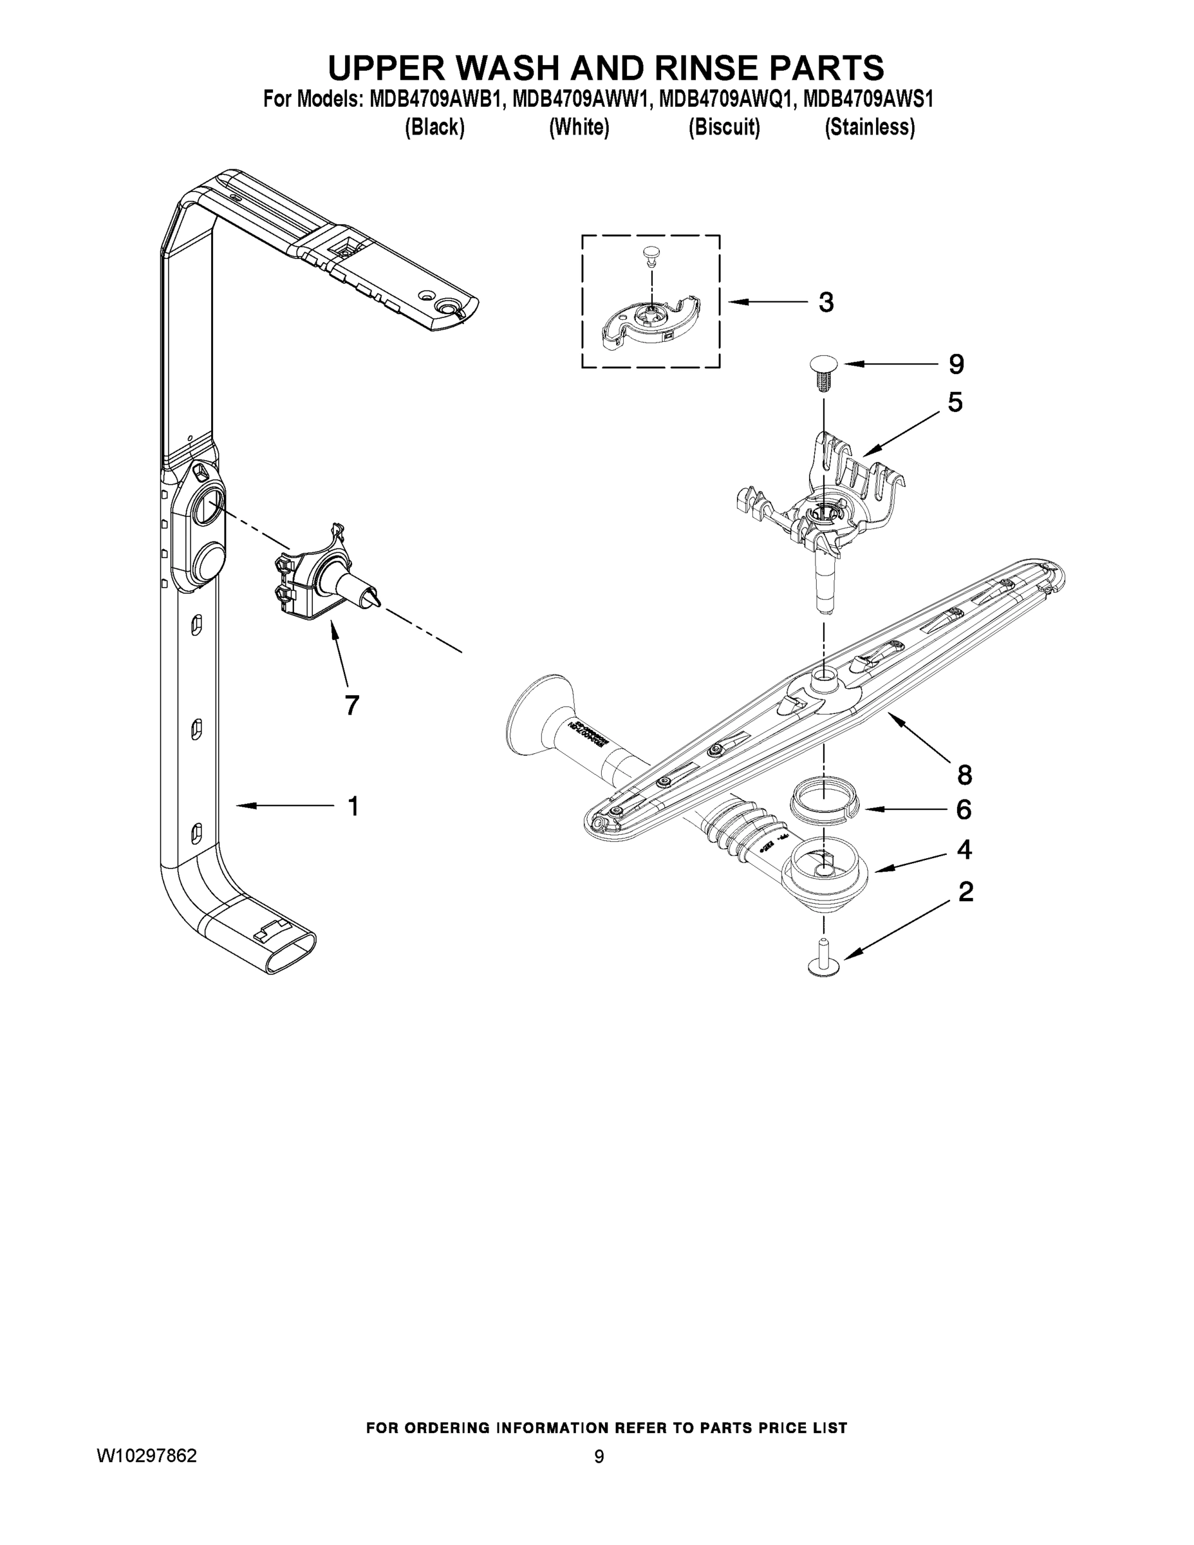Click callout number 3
[825, 303]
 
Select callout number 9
[956, 364]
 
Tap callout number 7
[351, 705]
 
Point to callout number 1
[353, 806]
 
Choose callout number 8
[965, 775]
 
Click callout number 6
[964, 809]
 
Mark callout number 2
[965, 892]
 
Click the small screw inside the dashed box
[649, 256]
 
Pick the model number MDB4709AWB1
[436, 99]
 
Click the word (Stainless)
[870, 127]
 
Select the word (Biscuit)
[723, 127]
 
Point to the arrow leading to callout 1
[283, 805]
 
